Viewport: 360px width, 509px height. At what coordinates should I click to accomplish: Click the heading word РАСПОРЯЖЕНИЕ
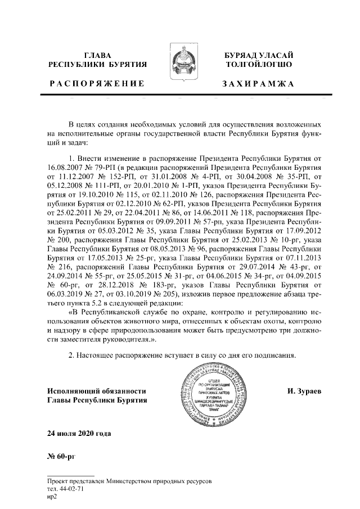96,84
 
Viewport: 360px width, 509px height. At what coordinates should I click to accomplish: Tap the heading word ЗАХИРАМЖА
258,84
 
